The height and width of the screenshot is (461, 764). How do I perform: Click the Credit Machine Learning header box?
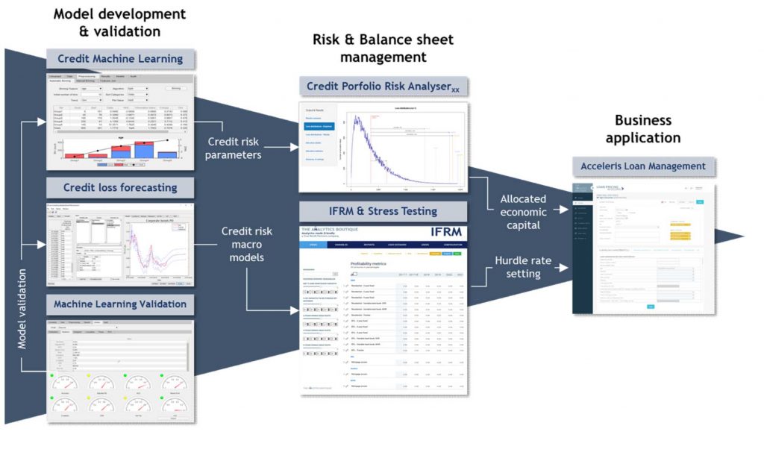(119, 59)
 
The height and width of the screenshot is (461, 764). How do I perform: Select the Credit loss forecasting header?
(119, 187)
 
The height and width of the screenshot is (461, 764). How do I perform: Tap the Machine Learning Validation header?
(119, 304)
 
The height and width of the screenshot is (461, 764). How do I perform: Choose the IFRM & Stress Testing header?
(383, 212)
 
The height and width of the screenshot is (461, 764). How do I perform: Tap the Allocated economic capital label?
(522, 212)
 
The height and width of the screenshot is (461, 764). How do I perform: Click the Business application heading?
(642, 129)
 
